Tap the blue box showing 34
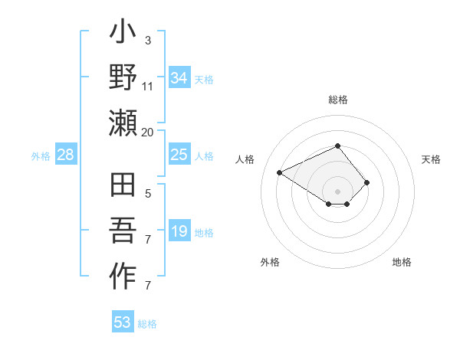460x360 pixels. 179,77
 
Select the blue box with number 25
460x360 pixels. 179,155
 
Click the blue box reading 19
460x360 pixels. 179,232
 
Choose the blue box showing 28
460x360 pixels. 66,155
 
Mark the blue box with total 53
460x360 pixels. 123,322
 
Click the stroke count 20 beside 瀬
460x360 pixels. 147,132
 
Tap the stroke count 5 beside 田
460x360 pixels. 147,194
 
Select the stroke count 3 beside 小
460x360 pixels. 147,40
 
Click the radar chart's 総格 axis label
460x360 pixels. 338,100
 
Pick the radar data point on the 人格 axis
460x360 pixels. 280,172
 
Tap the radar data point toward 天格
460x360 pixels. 367,182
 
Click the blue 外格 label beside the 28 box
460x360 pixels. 41,156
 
